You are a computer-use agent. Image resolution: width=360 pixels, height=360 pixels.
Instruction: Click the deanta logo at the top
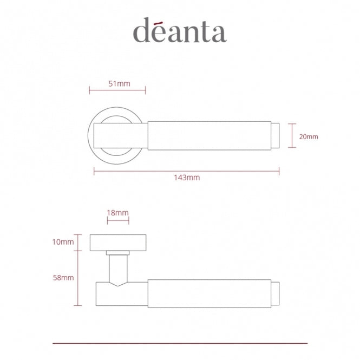coord(180,31)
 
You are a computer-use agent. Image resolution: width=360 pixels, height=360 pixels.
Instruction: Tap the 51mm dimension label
coord(119,83)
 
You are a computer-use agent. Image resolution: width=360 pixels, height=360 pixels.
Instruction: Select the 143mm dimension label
coord(187,178)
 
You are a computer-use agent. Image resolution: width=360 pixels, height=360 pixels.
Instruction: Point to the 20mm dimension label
coord(308,136)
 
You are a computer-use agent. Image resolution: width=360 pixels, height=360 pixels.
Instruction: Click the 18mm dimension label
coord(118,213)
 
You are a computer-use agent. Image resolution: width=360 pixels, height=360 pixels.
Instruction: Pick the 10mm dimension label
coord(63,242)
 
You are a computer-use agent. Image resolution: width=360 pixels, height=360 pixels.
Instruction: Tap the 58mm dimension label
coord(63,278)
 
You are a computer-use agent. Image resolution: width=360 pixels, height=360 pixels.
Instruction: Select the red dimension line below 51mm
coord(119,90)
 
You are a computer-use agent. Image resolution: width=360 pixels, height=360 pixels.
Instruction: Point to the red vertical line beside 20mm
coord(292,136)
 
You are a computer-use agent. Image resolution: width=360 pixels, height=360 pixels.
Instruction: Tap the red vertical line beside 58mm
coord(79,278)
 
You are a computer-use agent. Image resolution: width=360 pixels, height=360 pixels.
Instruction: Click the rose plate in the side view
coord(118,243)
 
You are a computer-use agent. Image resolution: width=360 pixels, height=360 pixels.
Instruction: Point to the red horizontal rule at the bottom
coord(180,343)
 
